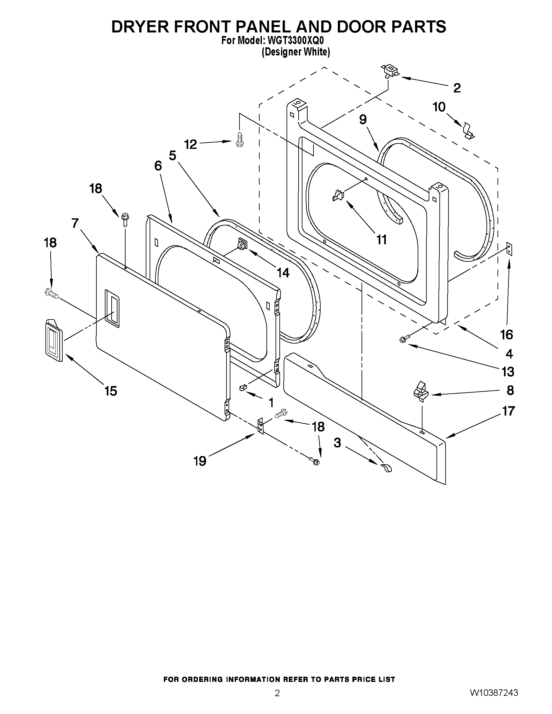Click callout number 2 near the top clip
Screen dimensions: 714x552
coord(457,88)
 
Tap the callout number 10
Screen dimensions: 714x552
coord(439,107)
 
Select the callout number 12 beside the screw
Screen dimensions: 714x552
coord(190,144)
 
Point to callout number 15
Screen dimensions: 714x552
coord(111,391)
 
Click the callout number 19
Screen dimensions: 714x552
coord(200,461)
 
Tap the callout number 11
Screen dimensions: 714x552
coord(382,240)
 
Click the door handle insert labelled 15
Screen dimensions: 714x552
coord(54,341)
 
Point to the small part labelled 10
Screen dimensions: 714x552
coord(469,131)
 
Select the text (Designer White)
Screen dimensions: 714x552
coord(296,52)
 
